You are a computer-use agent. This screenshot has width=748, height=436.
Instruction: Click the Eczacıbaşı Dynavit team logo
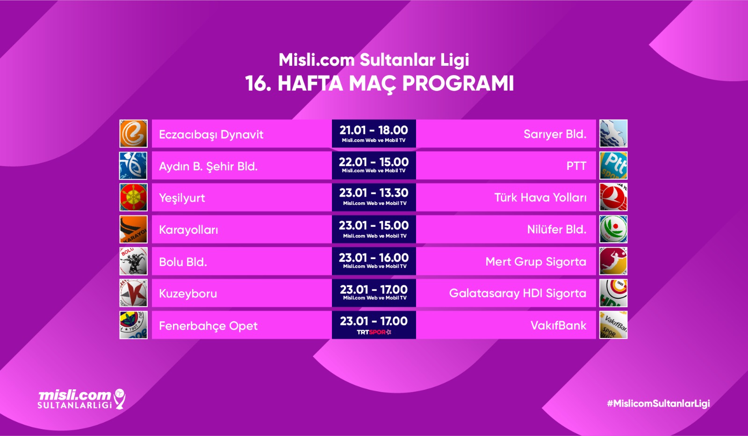coord(134,134)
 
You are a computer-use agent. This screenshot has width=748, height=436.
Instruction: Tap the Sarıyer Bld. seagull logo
coord(613,134)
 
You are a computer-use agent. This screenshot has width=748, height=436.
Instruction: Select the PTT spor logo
coord(613,166)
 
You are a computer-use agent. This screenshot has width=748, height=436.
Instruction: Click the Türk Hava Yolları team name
coord(540,197)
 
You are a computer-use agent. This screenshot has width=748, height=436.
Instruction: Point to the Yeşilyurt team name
coord(182,198)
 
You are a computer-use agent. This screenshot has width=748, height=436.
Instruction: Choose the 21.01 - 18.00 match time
coord(374,130)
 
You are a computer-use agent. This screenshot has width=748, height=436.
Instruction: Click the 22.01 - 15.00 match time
coord(374,162)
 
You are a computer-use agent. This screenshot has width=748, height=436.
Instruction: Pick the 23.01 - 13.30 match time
coord(374,193)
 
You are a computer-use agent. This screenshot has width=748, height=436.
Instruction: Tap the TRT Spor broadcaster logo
coord(374,332)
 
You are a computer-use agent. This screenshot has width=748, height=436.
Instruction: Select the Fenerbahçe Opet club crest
coord(134,325)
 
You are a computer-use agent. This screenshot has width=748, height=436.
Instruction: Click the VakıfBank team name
coord(558,325)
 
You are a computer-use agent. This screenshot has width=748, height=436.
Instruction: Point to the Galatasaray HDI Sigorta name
coord(518,293)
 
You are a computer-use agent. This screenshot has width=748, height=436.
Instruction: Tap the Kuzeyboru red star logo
coord(134,293)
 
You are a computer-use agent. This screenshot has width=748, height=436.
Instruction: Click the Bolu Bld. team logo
coord(134,261)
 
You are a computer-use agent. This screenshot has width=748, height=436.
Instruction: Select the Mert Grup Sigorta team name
coord(536,262)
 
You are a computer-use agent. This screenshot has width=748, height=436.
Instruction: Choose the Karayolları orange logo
coord(134,229)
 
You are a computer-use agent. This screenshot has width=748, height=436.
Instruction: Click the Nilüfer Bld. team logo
coord(613,229)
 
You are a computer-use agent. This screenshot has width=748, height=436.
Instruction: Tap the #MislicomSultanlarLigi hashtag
coord(658,404)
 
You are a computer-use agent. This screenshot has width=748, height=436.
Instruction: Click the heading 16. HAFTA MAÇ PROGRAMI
coord(379,84)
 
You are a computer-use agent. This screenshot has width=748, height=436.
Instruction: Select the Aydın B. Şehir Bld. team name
coord(209,166)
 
